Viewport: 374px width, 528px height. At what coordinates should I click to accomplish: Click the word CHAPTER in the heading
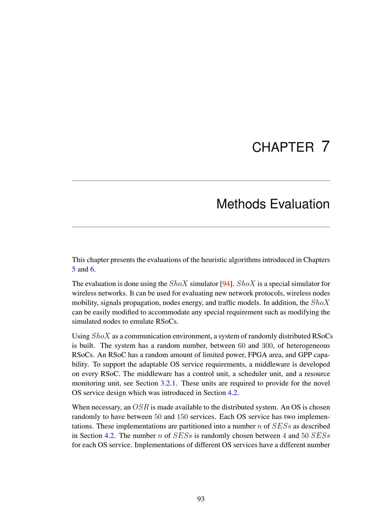[283, 147]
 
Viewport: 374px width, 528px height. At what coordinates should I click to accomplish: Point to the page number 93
[201, 499]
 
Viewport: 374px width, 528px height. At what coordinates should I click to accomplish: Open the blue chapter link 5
[74, 269]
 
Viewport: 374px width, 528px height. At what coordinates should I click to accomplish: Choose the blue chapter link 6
[92, 269]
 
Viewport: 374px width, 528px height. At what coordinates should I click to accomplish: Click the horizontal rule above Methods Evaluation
[201, 181]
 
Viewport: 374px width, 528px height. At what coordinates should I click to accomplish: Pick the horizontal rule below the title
[201, 227]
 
